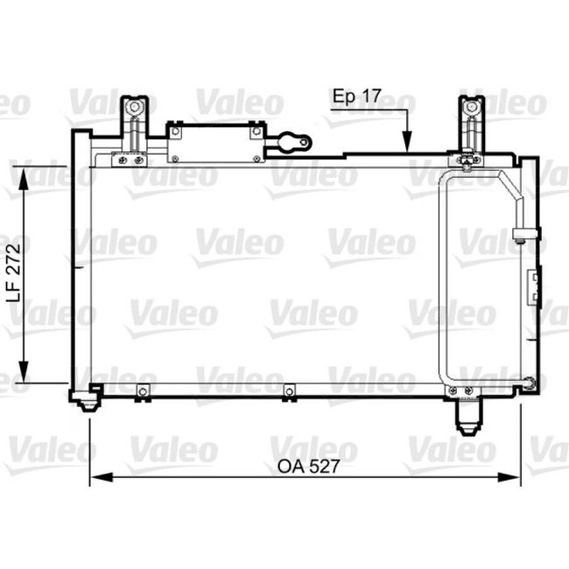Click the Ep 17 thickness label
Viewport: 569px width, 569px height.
pyautogui.click(x=358, y=97)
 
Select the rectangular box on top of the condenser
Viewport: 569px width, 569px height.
pyautogui.click(x=214, y=142)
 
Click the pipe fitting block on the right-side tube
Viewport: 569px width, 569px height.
pyautogui.click(x=522, y=235)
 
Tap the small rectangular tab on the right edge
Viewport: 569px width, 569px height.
pyautogui.click(x=532, y=288)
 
